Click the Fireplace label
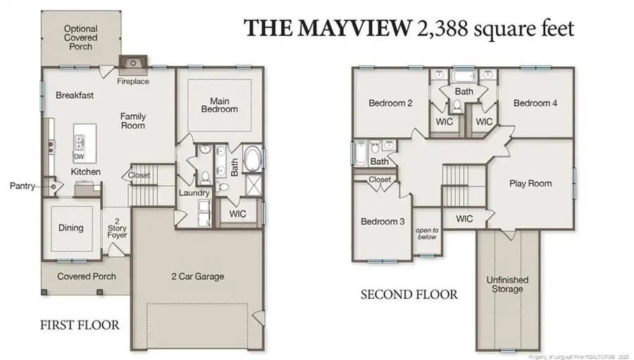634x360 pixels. (133, 82)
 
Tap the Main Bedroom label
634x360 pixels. (220, 104)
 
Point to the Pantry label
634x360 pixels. (22, 187)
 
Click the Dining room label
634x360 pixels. (70, 228)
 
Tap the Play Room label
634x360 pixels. (530, 184)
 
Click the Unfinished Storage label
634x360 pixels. (507, 285)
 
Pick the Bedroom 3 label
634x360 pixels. (383, 221)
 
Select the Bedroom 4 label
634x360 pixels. (535, 104)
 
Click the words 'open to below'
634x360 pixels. (427, 233)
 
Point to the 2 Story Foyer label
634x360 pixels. (117, 228)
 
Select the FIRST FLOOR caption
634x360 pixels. (78, 325)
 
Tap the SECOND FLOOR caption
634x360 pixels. (409, 294)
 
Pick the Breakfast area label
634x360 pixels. (75, 95)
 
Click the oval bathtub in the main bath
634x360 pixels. (251, 160)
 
